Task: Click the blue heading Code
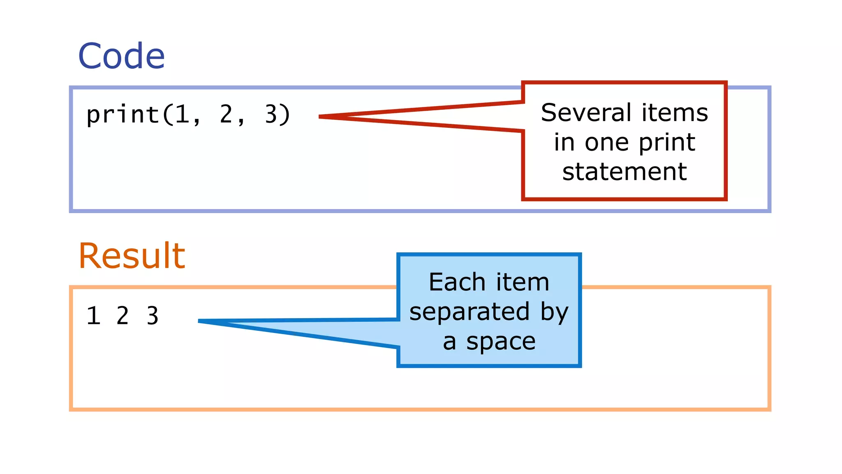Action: tap(121, 56)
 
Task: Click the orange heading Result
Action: tap(132, 256)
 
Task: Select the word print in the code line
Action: tap(123, 115)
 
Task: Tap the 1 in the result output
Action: tap(94, 316)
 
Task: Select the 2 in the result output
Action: tap(123, 316)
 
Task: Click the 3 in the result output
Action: tap(153, 316)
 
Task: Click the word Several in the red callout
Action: tap(586, 113)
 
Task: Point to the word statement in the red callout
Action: tap(624, 172)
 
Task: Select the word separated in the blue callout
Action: tap(469, 311)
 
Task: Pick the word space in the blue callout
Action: tap(501, 341)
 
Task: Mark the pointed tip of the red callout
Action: tap(320, 117)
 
